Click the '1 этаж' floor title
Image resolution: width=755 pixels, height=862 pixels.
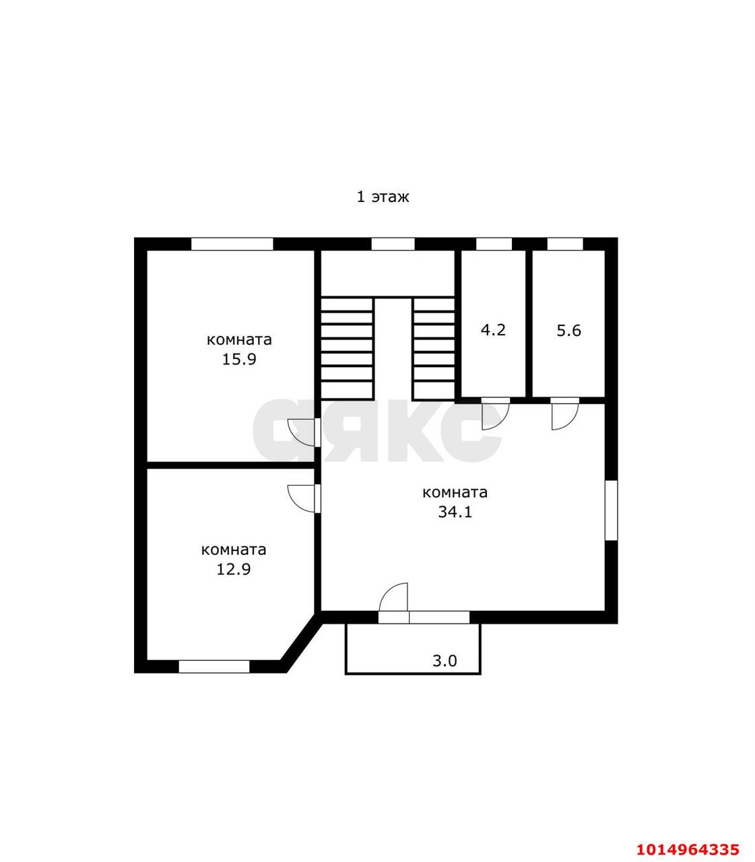click(x=383, y=197)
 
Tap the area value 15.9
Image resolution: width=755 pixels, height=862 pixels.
click(x=239, y=359)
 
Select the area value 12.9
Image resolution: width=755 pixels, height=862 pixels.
click(x=233, y=569)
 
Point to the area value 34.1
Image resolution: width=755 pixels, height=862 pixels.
click(x=455, y=512)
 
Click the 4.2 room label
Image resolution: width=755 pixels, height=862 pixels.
click(x=493, y=330)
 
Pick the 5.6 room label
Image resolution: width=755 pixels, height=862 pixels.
click(x=568, y=331)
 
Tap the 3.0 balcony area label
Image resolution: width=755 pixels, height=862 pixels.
click(x=445, y=661)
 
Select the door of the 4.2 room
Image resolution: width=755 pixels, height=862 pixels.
click(x=495, y=412)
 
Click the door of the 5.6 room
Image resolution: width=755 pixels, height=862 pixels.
click(x=564, y=412)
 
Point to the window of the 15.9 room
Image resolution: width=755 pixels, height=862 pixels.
click(x=232, y=244)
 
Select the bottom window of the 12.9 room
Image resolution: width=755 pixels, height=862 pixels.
click(x=214, y=666)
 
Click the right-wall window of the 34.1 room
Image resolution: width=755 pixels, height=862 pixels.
click(x=611, y=510)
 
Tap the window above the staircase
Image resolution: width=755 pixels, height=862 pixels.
click(x=393, y=244)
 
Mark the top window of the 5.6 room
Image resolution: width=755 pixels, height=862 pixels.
click(x=564, y=244)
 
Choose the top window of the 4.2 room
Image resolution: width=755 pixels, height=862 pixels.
click(x=494, y=244)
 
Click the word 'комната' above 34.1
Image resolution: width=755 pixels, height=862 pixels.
click(x=455, y=492)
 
